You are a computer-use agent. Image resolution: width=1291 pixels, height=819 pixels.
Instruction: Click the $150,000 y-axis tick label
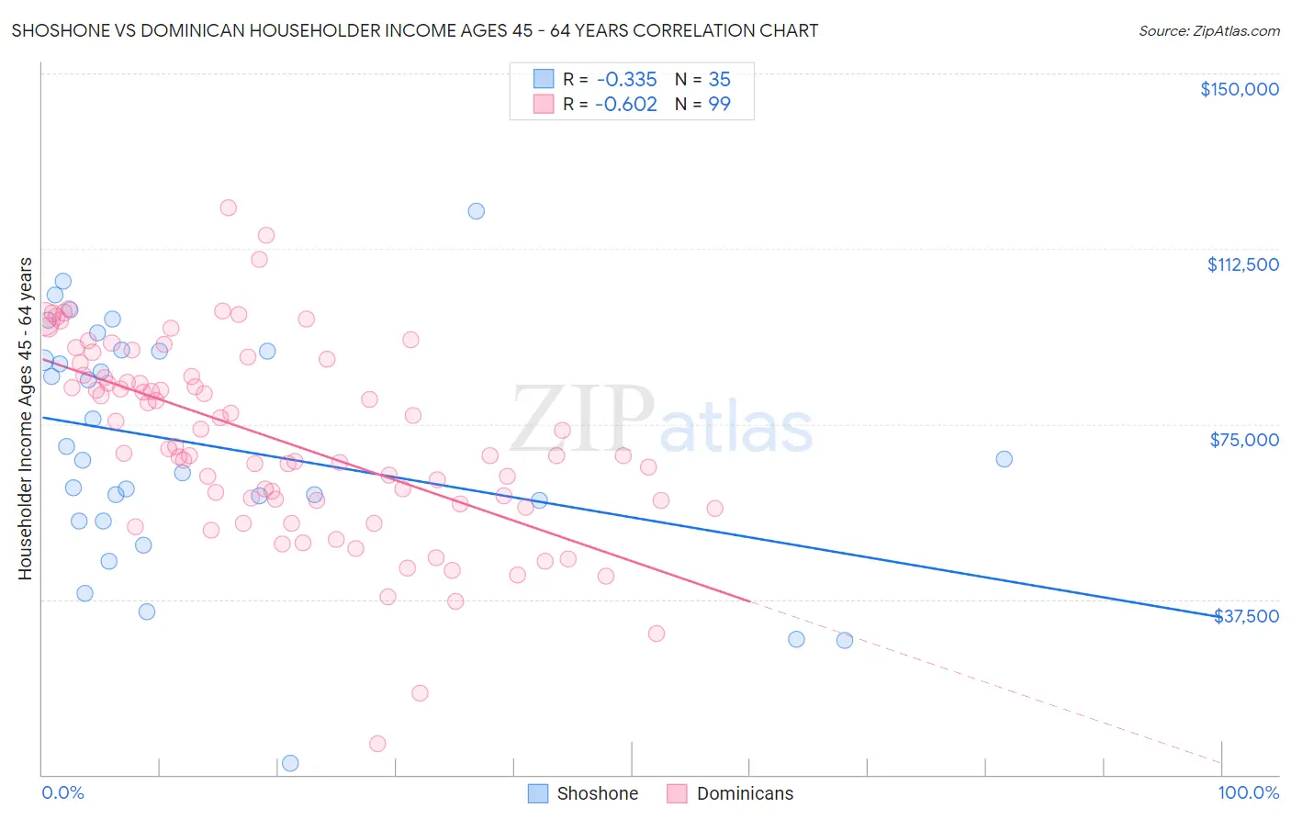point(1239,89)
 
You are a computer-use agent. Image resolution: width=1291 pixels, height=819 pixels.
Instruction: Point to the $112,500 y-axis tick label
point(1242,264)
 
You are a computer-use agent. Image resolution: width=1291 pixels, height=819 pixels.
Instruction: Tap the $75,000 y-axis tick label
point(1244,440)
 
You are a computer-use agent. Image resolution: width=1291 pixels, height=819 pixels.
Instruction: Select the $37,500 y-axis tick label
point(1246,616)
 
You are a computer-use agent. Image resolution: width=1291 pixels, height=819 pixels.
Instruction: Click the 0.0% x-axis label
point(62,793)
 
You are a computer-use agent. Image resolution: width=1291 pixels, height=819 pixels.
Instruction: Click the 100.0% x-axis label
point(1248,793)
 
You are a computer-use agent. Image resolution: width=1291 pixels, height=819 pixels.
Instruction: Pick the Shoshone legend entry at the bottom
point(583,793)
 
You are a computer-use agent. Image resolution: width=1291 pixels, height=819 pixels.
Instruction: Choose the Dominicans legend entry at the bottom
point(730,793)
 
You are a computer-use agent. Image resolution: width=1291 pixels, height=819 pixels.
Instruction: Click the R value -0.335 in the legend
point(625,79)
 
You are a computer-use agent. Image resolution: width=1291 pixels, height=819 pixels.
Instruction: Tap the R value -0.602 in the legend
point(625,104)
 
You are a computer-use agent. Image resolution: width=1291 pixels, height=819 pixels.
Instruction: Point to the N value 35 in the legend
point(719,79)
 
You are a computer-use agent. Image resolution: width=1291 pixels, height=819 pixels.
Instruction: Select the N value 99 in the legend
point(719,104)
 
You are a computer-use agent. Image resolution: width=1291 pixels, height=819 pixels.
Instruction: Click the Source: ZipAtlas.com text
point(1208,30)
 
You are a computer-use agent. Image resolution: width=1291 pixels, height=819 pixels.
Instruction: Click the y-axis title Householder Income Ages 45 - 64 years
point(25,419)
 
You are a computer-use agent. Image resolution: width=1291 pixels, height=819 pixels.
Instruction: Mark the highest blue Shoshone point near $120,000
point(476,211)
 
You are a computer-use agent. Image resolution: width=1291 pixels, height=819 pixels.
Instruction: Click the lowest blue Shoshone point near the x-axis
point(290,763)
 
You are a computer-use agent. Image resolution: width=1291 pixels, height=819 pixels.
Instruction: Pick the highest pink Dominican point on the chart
point(229,208)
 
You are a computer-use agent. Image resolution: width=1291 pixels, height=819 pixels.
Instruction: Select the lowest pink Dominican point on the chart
point(377,744)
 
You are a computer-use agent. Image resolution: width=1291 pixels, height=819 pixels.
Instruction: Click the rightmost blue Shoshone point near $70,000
point(1004,459)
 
